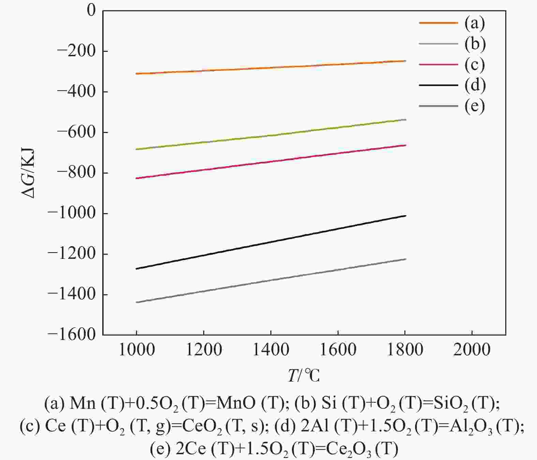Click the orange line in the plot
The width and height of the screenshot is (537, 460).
coord(271,68)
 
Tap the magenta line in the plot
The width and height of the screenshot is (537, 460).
coord(271,162)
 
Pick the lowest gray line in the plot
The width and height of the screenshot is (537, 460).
coord(271,281)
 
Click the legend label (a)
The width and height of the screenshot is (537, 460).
coord(474,23)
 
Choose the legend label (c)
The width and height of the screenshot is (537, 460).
coord(474,64)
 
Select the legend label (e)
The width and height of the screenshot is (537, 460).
coord(474,106)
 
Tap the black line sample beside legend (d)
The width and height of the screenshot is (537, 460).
coord(438,85)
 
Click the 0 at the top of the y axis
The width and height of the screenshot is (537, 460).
coord(91,10)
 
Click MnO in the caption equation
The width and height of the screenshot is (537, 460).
coord(236,403)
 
